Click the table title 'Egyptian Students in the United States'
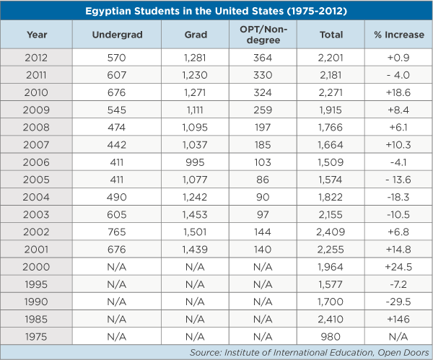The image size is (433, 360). click(x=216, y=12)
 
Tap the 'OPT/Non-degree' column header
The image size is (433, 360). click(x=263, y=35)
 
